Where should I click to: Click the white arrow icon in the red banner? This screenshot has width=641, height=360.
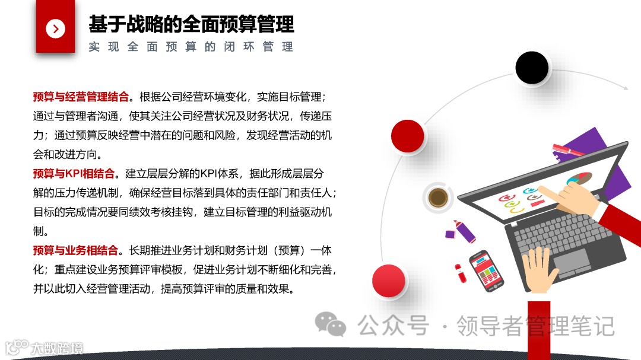[x=55, y=28]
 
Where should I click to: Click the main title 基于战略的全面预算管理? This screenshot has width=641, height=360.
[x=191, y=24]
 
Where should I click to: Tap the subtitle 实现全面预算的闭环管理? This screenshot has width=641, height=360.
[x=191, y=47]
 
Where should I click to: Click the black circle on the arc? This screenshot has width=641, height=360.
[x=532, y=68]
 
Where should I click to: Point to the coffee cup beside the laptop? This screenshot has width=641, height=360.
[x=438, y=197]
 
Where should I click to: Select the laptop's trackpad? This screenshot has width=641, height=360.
[x=570, y=260]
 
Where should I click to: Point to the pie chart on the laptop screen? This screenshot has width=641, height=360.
[x=579, y=179]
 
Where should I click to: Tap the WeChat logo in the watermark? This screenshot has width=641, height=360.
[x=330, y=324]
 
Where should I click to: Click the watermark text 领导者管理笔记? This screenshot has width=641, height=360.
[x=535, y=326]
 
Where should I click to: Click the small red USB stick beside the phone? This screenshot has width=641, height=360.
[x=458, y=272]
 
